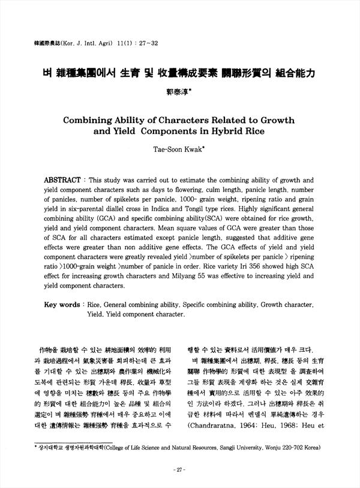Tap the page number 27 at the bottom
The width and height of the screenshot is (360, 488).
180,469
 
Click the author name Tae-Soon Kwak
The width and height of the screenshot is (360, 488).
179,146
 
